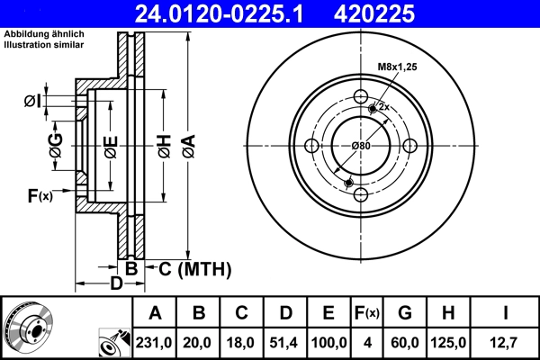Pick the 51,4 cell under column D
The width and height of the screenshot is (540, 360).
tap(285, 342)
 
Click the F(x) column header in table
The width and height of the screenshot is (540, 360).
tap(366, 314)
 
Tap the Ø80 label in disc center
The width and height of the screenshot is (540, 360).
tap(361, 146)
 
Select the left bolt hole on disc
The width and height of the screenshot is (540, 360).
tap(312, 147)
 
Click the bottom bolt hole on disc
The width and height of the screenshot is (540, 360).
tap(361, 195)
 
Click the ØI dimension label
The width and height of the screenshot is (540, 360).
tap(31, 101)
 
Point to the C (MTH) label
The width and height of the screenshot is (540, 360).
tap(194, 268)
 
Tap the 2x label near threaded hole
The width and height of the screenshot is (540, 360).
tap(382, 106)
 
